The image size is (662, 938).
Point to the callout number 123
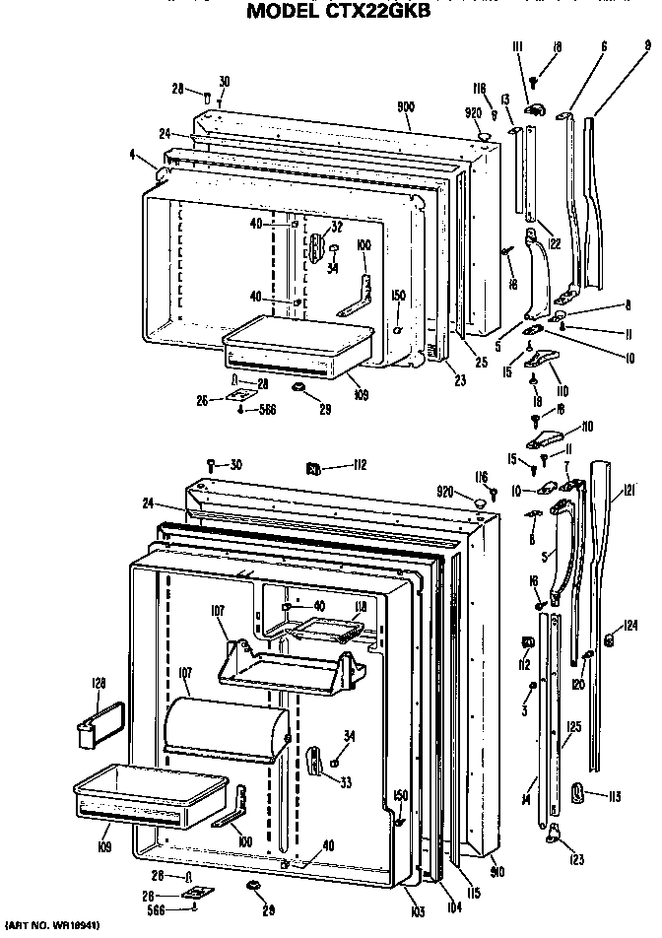pos(577,859)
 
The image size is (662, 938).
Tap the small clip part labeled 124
pos(608,641)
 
